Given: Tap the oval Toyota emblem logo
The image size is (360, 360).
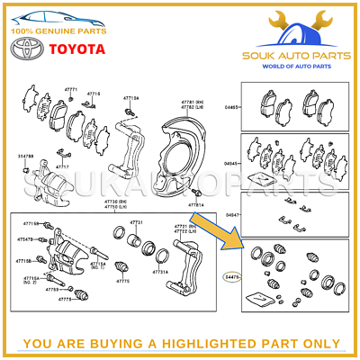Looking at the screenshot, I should click(27, 49).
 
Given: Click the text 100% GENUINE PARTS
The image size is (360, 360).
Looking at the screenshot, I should click(58, 30).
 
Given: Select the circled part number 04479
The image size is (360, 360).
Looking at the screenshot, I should click(232, 278).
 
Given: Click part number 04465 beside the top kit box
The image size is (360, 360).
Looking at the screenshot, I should click(232, 107).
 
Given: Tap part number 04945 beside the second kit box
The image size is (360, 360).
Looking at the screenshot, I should click(232, 163).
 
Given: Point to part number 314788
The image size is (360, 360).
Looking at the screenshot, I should click(25, 157).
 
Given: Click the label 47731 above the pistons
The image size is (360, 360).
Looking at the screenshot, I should click(136, 222).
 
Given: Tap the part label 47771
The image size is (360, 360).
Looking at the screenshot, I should click(71, 90).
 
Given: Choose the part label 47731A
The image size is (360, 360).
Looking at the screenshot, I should click(159, 271).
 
